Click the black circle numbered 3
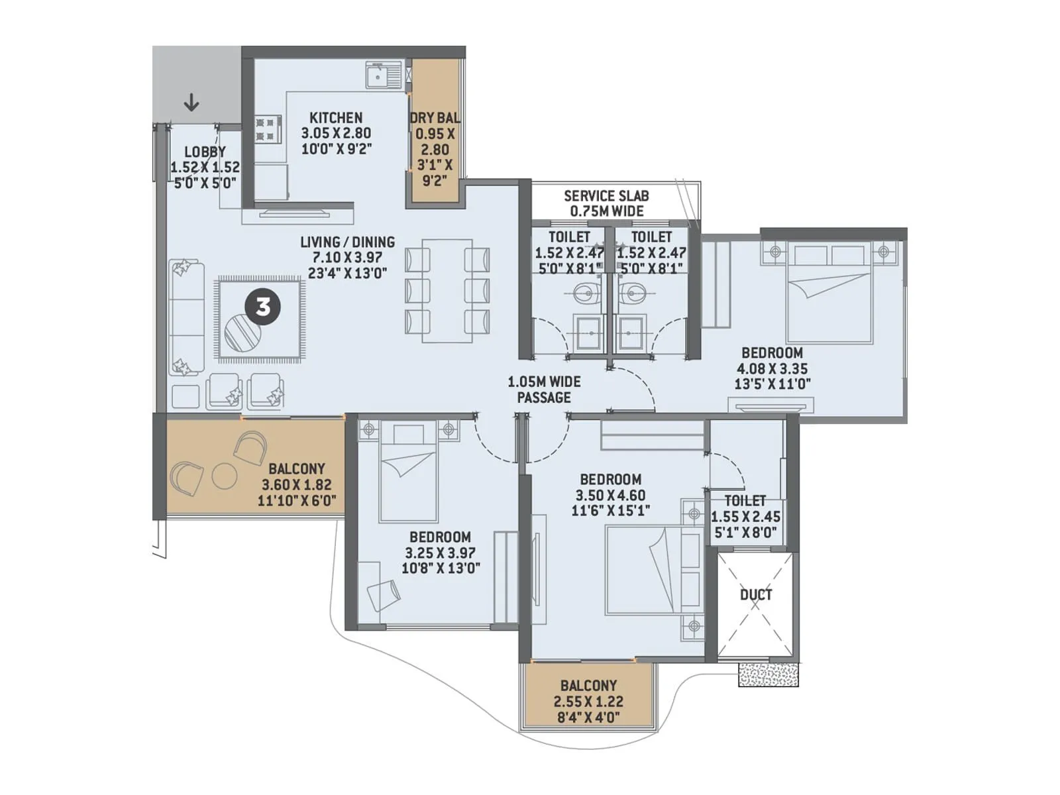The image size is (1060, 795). [263, 307]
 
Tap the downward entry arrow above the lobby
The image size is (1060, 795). [191, 103]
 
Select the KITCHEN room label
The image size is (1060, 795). [336, 118]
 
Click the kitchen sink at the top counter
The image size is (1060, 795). [384, 74]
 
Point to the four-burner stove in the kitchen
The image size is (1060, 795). [268, 129]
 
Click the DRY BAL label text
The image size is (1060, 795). [434, 118]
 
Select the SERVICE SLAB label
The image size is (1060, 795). [606, 196]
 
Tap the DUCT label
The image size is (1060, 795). [756, 594]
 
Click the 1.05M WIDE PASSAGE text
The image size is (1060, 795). [544, 390]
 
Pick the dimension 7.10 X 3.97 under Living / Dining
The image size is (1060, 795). [347, 258]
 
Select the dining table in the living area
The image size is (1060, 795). [447, 290]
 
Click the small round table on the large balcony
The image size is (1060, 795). [224, 476]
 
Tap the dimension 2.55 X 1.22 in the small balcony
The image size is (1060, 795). [588, 702]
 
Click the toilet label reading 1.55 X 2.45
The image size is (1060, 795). [745, 517]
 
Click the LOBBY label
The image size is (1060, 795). [205, 152]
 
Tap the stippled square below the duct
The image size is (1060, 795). [768, 674]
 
